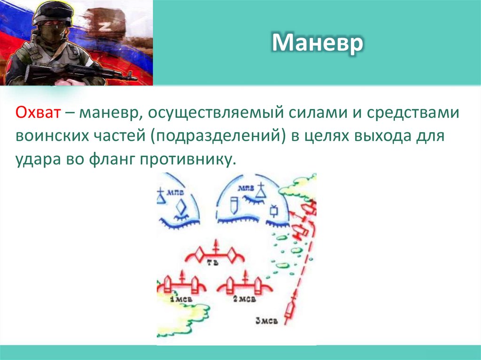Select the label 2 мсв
click(244, 299)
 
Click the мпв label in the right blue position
click(246, 189)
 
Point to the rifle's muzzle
click(133, 78)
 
